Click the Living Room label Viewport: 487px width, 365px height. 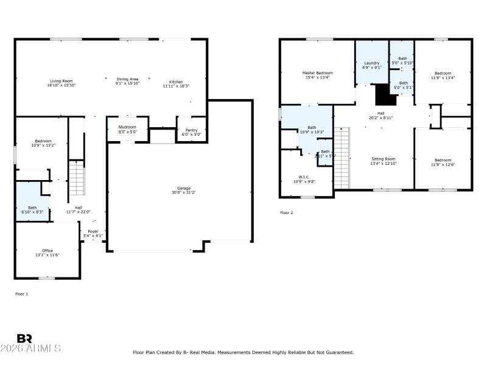click(61, 81)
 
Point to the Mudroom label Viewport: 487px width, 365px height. click(127, 127)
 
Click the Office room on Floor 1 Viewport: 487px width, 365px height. click(47, 251)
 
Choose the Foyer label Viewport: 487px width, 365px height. click(93, 232)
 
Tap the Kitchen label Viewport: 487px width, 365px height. click(176, 82)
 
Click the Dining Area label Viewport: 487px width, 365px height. click(127, 79)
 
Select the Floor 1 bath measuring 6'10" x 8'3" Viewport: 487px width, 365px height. click(32, 208)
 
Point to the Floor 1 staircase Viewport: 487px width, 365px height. click(75, 180)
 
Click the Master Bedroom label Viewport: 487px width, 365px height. click(317, 73)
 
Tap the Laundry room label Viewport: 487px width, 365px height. click(372, 63)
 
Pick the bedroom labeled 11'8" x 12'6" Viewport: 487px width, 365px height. click(443, 162)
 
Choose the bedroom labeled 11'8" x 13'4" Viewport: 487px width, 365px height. click(443, 75)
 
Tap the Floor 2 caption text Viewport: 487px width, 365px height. click(287, 213)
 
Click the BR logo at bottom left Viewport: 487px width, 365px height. click(24, 338)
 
